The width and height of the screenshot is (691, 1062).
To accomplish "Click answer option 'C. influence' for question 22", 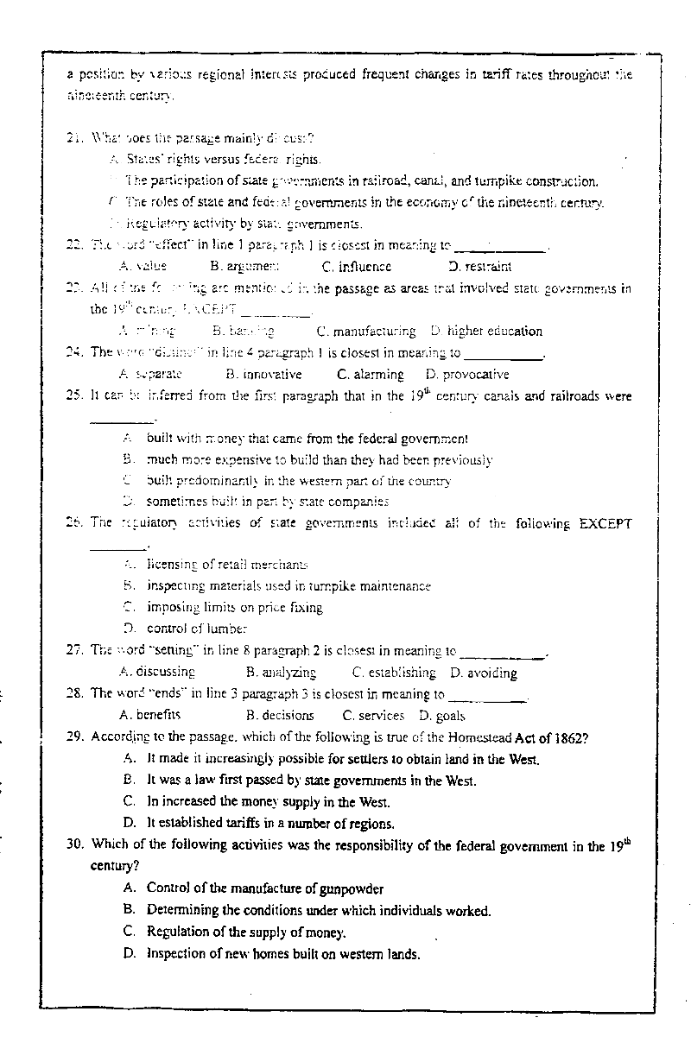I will pyautogui.click(x=356, y=267).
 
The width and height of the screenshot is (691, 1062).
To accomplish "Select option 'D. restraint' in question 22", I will pyautogui.click(x=480, y=267).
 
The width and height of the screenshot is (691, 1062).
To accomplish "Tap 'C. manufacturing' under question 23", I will pyautogui.click(x=365, y=331).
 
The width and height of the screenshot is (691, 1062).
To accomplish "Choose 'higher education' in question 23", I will pyautogui.click(x=494, y=331).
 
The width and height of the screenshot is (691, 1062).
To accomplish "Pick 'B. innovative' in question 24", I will pyautogui.click(x=263, y=374).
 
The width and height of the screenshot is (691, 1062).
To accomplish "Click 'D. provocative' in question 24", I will pyautogui.click(x=467, y=374).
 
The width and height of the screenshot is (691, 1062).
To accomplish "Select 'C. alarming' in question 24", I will pyautogui.click(x=371, y=374).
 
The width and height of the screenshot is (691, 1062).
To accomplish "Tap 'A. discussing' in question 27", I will pyautogui.click(x=156, y=672).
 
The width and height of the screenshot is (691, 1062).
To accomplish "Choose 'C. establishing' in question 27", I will pyautogui.click(x=394, y=672).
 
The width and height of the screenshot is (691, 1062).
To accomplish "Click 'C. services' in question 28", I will pyautogui.click(x=373, y=715).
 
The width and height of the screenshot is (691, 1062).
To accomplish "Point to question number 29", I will pyautogui.click(x=75, y=736).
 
